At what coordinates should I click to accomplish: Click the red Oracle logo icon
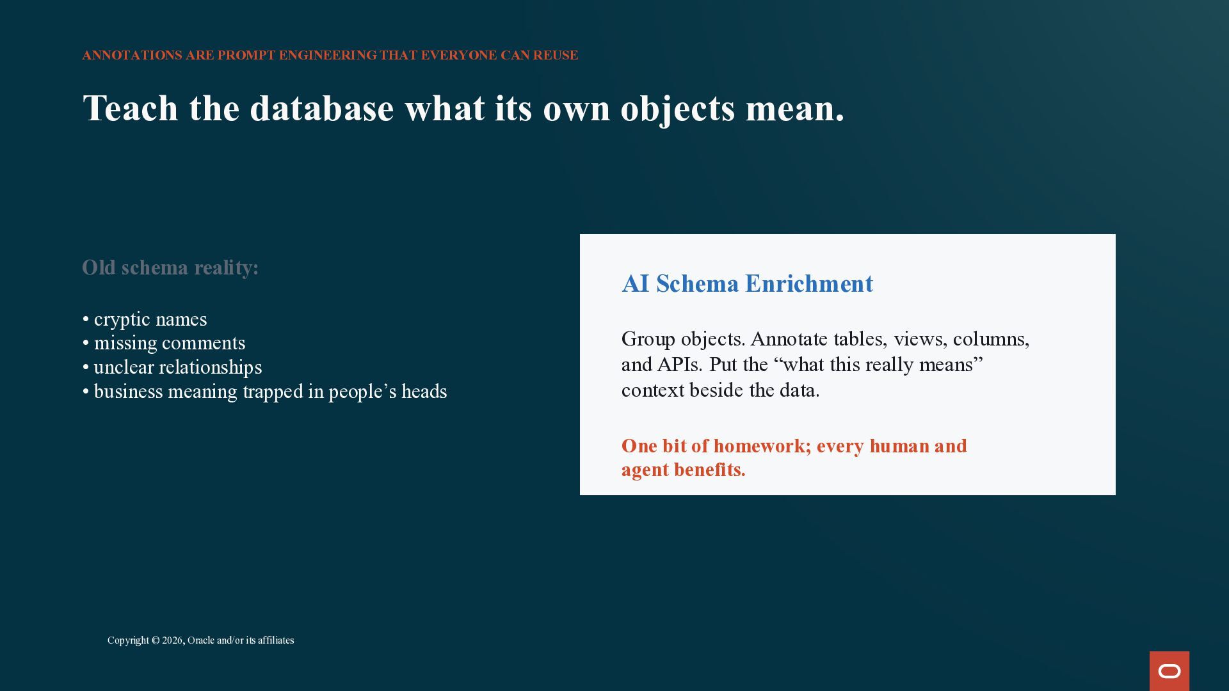(1169, 671)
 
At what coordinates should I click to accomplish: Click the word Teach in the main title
(131, 108)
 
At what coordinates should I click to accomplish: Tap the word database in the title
(322, 108)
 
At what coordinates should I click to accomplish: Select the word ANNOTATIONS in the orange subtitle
(132, 56)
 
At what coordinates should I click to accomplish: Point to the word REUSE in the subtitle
(556, 56)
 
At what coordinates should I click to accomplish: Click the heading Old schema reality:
(170, 267)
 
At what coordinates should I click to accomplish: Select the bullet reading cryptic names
(145, 319)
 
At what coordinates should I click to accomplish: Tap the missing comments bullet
(164, 343)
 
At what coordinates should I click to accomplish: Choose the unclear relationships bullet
(172, 367)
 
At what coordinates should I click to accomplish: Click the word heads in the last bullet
(424, 392)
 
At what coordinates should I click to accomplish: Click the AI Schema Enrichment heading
(747, 283)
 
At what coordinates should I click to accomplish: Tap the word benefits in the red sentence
(710, 470)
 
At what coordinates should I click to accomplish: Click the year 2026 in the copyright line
(172, 640)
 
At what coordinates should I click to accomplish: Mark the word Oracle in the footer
(201, 640)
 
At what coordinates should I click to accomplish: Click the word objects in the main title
(678, 108)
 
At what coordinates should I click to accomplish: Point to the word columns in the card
(991, 339)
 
